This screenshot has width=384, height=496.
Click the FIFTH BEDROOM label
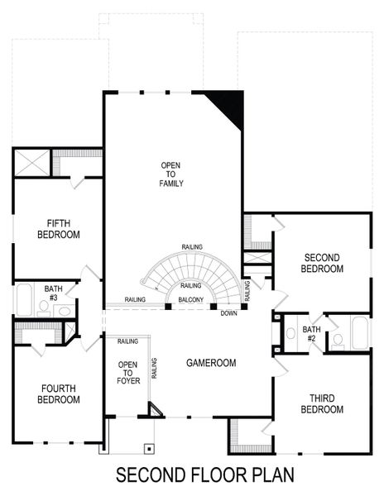[x=58, y=228]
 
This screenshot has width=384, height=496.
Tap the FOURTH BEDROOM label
[x=59, y=393]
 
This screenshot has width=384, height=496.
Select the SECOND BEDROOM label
[x=322, y=263]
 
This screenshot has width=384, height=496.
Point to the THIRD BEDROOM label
[x=322, y=403]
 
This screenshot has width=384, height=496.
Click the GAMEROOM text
[x=210, y=363]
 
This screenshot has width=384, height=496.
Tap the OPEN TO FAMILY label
[x=171, y=174]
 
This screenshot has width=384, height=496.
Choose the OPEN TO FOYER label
[x=127, y=372]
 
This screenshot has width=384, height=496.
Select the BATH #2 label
[x=310, y=333]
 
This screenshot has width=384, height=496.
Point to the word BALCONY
[x=190, y=299]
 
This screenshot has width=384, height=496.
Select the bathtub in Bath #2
[x=360, y=333]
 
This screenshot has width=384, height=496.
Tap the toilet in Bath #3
[x=43, y=306]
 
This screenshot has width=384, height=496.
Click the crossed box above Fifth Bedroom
[x=32, y=161]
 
